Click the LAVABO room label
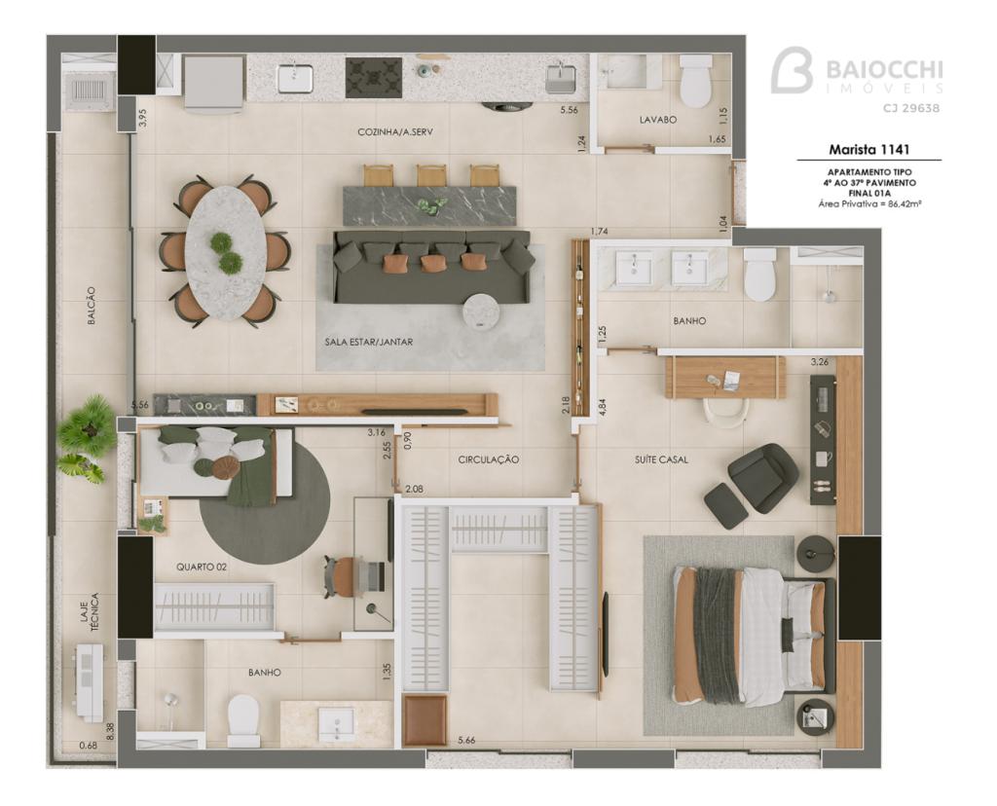point(657,120)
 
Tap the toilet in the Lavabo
point(695,80)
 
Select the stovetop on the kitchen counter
point(374,78)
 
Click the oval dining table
point(227,252)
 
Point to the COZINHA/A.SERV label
point(395,132)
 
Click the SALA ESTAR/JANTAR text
point(369,342)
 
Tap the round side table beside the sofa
point(483,311)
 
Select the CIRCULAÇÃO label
point(489,459)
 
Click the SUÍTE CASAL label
point(661,459)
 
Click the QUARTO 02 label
point(202,567)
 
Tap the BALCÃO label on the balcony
point(92,307)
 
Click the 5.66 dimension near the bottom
point(466,740)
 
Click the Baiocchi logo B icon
point(793,70)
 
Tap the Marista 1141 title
point(868,150)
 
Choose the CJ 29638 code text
point(910,108)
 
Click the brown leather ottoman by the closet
point(425,720)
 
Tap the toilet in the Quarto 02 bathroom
point(243,720)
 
